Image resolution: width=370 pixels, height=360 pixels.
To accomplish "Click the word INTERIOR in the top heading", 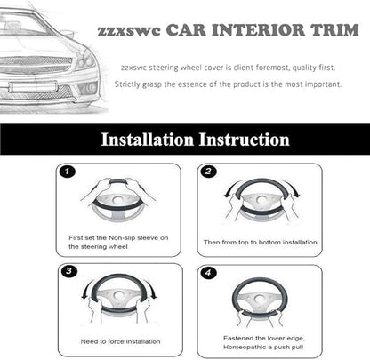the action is coord(258,30).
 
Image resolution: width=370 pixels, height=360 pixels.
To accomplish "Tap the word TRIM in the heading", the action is coord(334,30).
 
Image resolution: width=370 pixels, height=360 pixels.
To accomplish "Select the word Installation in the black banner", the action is coord(147,140).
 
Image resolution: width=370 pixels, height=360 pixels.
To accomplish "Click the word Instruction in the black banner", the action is coord(244,140).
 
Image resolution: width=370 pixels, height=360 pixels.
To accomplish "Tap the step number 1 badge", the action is coord(68,172).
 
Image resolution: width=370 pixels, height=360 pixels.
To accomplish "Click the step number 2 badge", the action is coord(208,172).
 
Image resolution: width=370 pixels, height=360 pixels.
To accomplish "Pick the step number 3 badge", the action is coord(68,271).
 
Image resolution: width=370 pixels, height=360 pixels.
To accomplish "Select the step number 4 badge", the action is coord(208,273).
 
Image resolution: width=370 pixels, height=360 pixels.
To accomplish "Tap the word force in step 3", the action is coord(116,341).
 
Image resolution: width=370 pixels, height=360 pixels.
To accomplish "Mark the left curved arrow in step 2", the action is coord(229,189).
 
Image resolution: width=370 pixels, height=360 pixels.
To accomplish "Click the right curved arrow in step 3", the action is coord(151,289).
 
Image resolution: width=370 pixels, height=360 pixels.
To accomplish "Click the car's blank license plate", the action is coord(33,86).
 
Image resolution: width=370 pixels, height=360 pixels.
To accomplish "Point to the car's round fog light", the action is coord(92,88).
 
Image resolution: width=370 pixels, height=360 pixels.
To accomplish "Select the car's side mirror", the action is coord(67,32).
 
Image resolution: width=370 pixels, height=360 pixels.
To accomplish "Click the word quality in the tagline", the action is coord(304,68).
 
